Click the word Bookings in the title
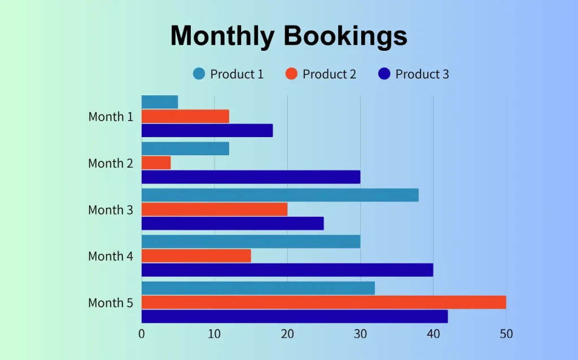(x=345, y=37)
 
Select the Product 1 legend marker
(x=199, y=74)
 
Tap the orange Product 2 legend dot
(x=291, y=74)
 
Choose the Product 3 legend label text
(x=422, y=74)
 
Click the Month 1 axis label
(x=111, y=117)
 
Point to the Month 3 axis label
(x=111, y=210)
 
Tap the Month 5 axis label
(x=111, y=303)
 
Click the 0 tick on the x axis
(x=142, y=333)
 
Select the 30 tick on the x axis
(x=360, y=333)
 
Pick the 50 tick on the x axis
(x=506, y=333)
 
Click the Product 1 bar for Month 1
(x=160, y=102)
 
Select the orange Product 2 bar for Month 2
(x=156, y=163)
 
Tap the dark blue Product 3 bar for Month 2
(x=251, y=177)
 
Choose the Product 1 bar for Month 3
(x=280, y=195)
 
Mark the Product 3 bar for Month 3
(x=233, y=223)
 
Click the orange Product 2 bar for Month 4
(x=196, y=256)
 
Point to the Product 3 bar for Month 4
(x=287, y=270)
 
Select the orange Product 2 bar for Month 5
(x=323, y=302)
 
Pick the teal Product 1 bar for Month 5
(x=258, y=288)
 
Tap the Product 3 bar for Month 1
(x=207, y=130)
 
